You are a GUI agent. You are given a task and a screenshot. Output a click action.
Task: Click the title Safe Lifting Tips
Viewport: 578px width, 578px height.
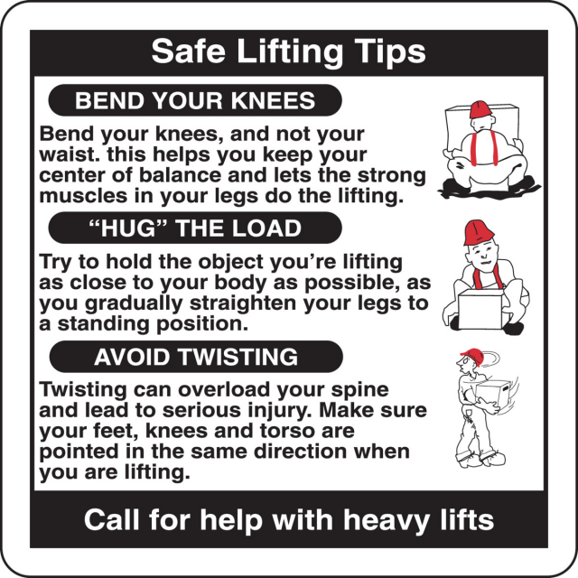click(289, 51)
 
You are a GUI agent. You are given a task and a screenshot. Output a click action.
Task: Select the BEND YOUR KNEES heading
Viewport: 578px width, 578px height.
click(195, 100)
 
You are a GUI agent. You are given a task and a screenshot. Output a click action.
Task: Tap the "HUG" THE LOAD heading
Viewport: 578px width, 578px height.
click(195, 228)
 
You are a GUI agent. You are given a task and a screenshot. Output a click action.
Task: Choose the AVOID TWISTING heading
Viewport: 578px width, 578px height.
click(196, 357)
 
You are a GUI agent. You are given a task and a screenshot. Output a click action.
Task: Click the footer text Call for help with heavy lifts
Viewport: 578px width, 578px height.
click(289, 520)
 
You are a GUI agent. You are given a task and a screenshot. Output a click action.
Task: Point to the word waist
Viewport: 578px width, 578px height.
click(70, 154)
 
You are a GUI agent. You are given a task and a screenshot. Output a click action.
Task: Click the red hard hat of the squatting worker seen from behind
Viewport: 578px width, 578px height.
click(480, 109)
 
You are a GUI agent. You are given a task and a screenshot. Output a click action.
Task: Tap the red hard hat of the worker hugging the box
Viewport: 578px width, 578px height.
click(478, 232)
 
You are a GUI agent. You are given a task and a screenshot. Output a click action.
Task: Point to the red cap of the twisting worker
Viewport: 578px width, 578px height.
click(472, 356)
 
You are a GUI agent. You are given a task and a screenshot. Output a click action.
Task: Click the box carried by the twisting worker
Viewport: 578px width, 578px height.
click(493, 394)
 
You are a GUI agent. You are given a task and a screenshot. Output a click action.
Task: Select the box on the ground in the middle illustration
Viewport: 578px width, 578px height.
click(480, 309)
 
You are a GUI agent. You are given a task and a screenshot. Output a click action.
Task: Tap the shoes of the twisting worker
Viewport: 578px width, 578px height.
click(480, 459)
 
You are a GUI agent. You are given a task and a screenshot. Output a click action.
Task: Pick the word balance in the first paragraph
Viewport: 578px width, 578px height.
click(182, 175)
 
